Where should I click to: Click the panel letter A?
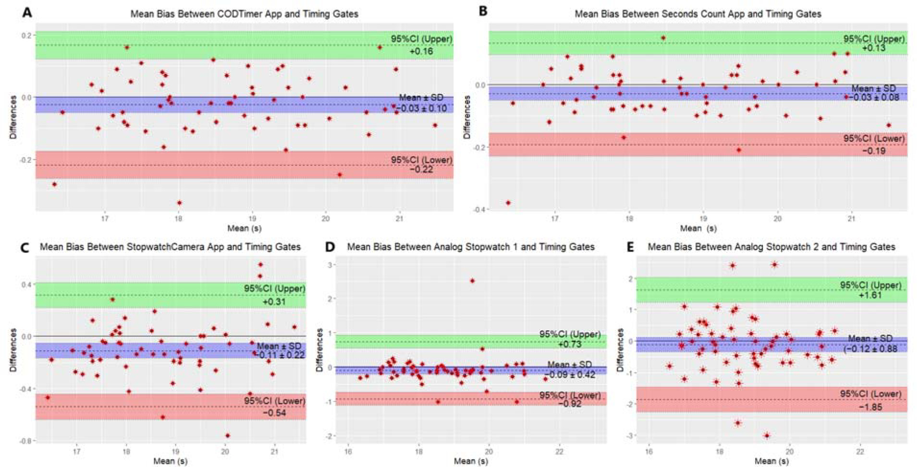click(27, 12)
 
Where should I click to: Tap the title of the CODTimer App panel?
click(244, 14)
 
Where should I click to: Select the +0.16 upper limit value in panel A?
click(421, 51)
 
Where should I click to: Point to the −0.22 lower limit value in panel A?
click(421, 169)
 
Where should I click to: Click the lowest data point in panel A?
click(180, 203)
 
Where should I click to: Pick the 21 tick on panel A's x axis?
click(399, 218)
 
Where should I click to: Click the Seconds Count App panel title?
click(697, 14)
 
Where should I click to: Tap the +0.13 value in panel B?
click(873, 48)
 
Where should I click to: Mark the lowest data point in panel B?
click(508, 203)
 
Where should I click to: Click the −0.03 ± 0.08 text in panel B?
click(873, 97)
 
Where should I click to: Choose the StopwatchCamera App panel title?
click(170, 247)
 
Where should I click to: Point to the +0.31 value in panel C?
click(274, 302)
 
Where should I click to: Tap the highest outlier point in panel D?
click(472, 281)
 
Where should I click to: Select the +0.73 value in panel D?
click(570, 344)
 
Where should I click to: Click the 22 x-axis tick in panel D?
click(559, 452)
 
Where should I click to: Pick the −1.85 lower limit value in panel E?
click(870, 407)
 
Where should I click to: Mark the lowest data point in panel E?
click(767, 436)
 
